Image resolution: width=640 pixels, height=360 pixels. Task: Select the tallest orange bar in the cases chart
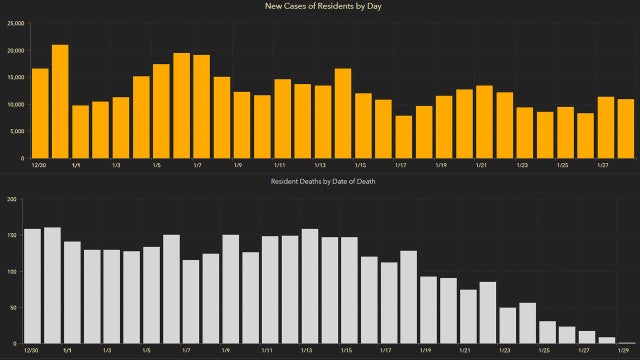60,101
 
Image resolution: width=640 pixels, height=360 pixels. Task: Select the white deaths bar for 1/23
508,325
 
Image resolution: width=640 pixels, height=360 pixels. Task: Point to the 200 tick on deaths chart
12,199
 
